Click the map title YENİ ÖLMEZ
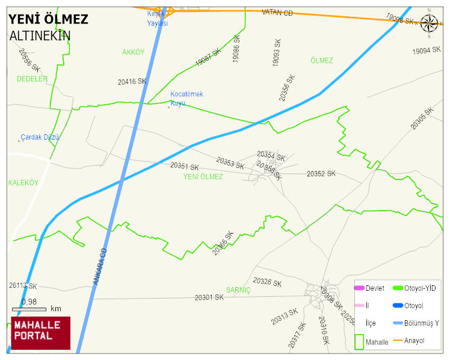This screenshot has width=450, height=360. tap(48, 19)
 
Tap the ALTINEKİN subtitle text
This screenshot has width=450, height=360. tap(40, 36)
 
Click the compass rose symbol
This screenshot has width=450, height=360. tap(429, 23)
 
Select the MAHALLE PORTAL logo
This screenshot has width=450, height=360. tap(41, 333)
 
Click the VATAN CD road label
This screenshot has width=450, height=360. tap(277, 13)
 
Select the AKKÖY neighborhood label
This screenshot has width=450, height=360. tap(133, 52)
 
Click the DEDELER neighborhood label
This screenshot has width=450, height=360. tap(32, 79)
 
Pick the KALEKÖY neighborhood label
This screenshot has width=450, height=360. tap(23, 182)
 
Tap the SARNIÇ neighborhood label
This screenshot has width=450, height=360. tap(238, 290)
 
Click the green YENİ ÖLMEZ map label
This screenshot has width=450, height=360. tap(203, 177)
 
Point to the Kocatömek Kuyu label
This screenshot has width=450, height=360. tap(186, 99)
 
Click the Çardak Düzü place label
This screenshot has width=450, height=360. tap(40, 137)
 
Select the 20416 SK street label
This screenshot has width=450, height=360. tap(132, 81)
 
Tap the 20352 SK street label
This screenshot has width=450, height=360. tap(321, 174)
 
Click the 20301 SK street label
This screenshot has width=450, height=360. tap(209, 297)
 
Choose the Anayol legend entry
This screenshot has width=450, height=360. tap(414, 341)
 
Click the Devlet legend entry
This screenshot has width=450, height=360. tap(375, 288)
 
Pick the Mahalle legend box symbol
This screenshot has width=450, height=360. tap(359, 341)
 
